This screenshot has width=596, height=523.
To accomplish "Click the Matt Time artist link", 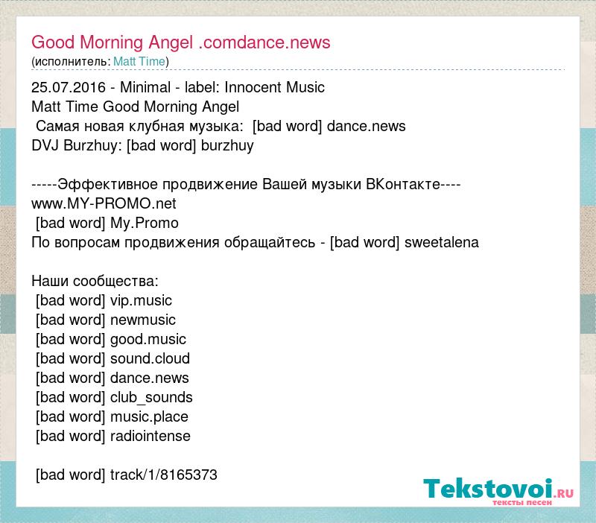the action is (139, 61).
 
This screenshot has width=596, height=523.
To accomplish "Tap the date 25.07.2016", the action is (69, 87).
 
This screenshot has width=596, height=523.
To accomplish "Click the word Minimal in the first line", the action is (145, 87).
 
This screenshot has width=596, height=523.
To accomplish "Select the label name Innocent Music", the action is (274, 87).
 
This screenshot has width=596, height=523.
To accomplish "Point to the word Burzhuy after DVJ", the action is (91, 145).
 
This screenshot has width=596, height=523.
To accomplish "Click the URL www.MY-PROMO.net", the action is (104, 203).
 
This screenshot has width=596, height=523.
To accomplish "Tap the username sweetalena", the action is (441, 242).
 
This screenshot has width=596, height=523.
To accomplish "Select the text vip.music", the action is (141, 301).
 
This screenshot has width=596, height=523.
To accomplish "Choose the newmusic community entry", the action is (143, 320).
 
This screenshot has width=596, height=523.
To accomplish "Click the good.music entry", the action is (148, 340).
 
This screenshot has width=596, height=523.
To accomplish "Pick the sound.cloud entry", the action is (150, 359).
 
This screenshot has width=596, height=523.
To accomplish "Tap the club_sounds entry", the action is (151, 398).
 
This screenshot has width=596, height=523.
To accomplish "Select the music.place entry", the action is (149, 417).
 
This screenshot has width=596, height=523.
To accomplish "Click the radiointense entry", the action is (150, 437).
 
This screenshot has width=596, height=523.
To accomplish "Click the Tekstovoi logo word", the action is (488, 489).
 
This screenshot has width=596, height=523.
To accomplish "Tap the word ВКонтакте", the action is (403, 184).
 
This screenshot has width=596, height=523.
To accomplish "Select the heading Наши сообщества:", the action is (95, 282).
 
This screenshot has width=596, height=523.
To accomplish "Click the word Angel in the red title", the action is (171, 42).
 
